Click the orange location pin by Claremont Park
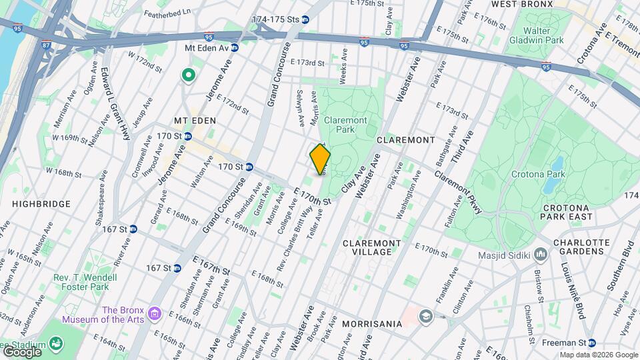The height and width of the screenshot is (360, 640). click(321, 159)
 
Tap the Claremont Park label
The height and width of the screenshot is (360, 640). click(345, 125)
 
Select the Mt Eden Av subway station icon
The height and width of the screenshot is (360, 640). click(235, 47)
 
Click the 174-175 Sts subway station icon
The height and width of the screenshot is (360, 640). click(305, 20)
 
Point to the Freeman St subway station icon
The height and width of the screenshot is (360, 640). click(591, 343)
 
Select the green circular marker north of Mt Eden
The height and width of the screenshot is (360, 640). click(189, 76)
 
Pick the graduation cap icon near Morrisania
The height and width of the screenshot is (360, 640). click(425, 315)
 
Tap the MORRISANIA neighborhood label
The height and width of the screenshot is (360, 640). click(371, 324)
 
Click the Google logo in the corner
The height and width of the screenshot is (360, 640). click(22, 351)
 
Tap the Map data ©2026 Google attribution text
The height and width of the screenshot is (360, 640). click(598, 355)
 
